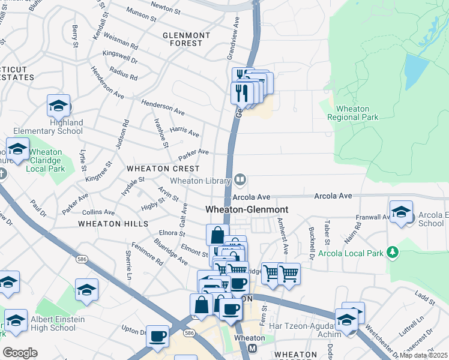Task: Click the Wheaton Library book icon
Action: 240,179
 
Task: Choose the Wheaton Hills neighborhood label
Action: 113,223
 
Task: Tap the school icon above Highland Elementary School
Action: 58,106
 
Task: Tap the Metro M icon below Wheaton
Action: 253,349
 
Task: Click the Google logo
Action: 20,352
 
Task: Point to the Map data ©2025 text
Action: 423,355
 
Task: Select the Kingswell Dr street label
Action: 120,57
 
